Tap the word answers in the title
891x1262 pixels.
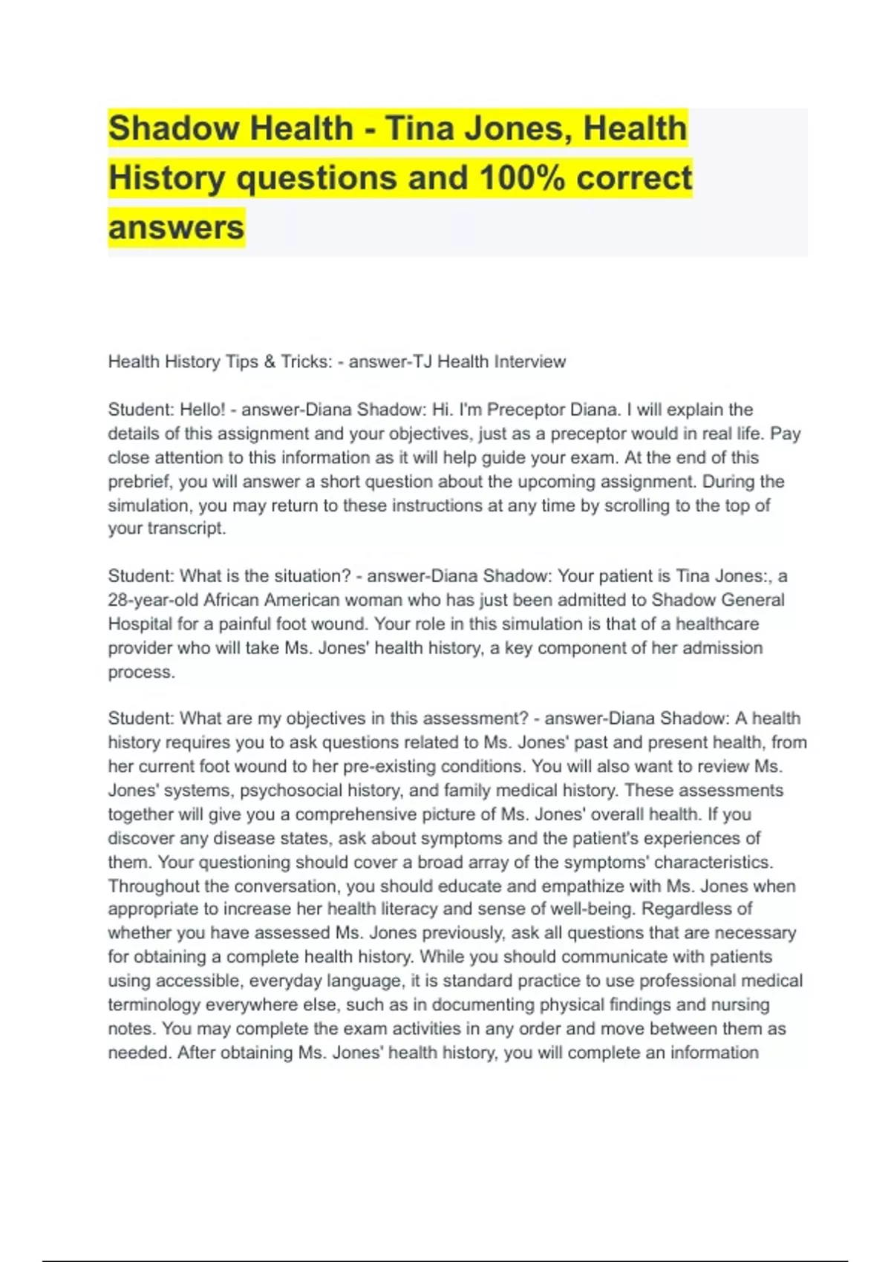coord(176,227)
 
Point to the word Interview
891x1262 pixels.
coord(530,362)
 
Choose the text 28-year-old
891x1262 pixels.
coord(153,600)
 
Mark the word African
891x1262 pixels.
coord(232,600)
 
